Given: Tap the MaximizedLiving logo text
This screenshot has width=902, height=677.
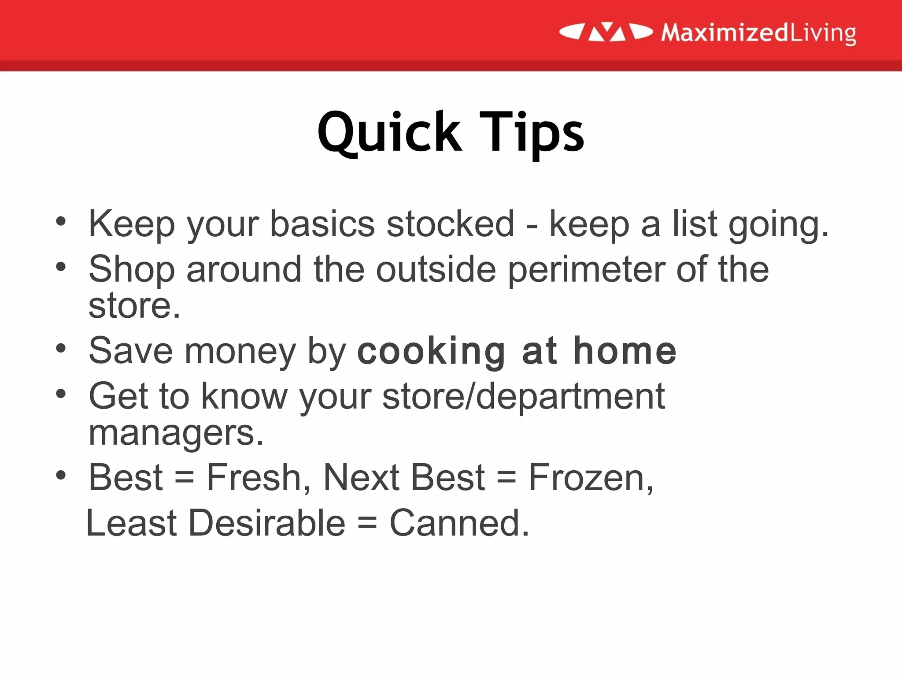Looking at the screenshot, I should coord(758,33).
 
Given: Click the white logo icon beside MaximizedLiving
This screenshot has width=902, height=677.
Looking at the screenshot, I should coord(606,32).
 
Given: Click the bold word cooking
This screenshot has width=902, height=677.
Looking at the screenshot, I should coord(431,351).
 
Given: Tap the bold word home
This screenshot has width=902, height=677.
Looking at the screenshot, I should coord(625,351).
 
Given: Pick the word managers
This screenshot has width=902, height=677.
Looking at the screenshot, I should coord(176,433).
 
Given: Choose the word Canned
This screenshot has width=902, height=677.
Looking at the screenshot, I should coord(459,523).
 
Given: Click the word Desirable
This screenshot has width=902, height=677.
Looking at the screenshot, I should coord(267,523).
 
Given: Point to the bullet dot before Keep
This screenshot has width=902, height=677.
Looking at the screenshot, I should coord(61,221).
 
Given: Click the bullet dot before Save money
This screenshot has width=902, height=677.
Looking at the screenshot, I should coord(61,349).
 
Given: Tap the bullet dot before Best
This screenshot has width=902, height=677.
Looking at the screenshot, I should coord(61,475).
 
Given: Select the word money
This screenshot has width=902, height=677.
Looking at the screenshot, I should coord(240,351).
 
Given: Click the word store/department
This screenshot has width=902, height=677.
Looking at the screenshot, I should coord(523,396).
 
